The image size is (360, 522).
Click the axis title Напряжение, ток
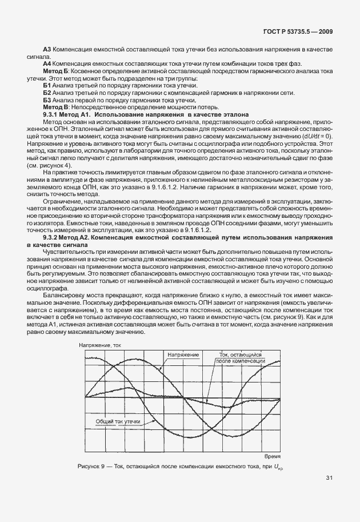coord(100,345)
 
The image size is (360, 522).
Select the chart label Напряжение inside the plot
coord(183,355)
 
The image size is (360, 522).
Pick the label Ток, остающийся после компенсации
coord(241,358)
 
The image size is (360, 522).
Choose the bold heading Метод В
coord(56,107)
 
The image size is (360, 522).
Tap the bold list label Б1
coord(47,85)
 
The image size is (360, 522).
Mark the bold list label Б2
coord(47,93)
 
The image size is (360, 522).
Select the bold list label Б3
coord(47,100)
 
